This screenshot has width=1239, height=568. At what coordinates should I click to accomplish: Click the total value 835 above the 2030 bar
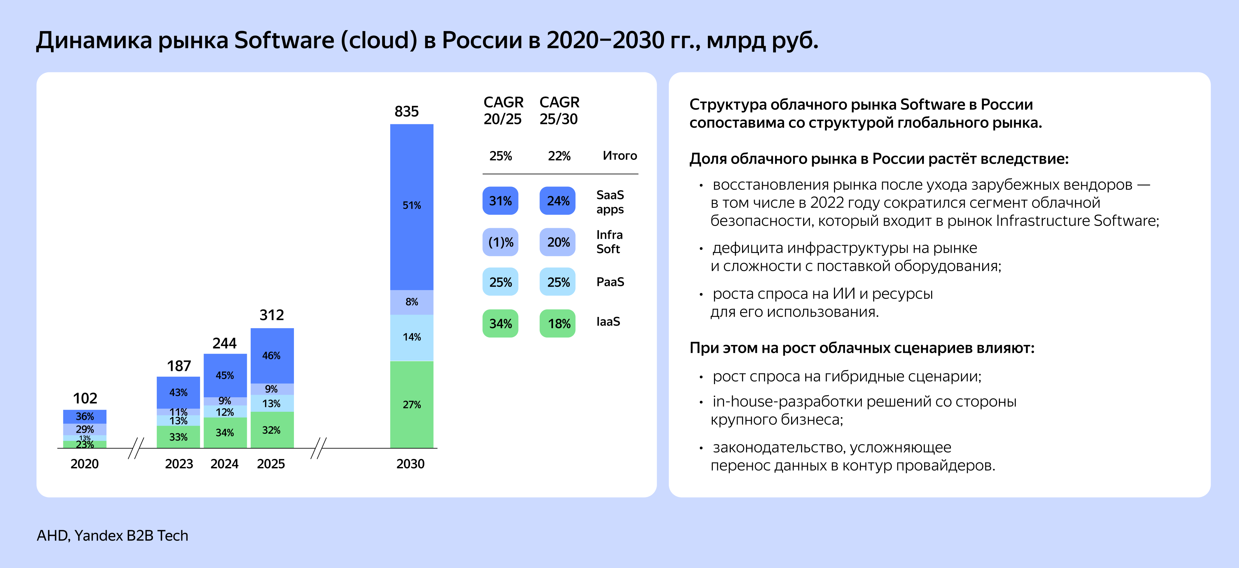point(407,112)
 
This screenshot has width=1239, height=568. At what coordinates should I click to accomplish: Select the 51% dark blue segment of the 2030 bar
point(412,206)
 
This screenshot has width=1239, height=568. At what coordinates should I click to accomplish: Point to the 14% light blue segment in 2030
point(412,337)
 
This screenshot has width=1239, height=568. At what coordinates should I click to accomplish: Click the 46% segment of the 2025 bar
point(272,356)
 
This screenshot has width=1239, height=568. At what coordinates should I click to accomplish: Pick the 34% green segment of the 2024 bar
point(225,433)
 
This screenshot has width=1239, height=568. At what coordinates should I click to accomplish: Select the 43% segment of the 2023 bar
point(178,392)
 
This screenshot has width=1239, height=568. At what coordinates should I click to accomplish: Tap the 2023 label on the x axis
point(179,464)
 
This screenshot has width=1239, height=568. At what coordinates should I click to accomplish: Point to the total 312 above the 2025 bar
point(272,315)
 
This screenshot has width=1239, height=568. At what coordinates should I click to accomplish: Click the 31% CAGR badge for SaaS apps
point(500,201)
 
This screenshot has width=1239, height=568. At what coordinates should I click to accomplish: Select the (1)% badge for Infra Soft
point(500,242)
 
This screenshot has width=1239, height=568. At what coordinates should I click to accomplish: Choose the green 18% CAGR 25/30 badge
point(558,324)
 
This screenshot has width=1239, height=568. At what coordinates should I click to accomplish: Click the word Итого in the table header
point(619,156)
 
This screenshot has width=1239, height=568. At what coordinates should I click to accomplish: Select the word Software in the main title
point(284,40)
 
